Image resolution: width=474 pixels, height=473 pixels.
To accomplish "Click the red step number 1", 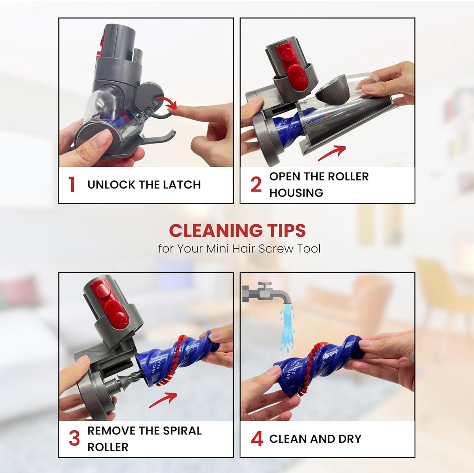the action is pos(72,184).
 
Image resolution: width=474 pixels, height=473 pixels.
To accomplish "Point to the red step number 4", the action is pos(257,439).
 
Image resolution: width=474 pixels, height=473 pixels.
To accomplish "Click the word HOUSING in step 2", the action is pos(296,193).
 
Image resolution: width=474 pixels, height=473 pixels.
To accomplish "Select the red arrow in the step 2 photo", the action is pos(333,152).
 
